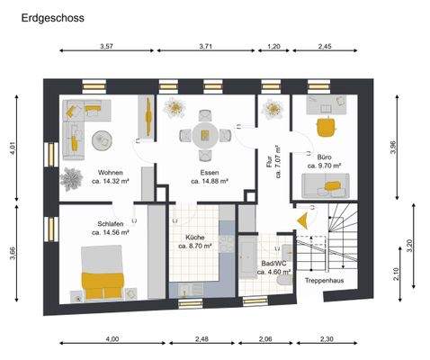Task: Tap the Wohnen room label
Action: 112,172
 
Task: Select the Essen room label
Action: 211,172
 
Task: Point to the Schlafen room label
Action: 99,224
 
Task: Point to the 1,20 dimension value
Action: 274,46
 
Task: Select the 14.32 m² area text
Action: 112,181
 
